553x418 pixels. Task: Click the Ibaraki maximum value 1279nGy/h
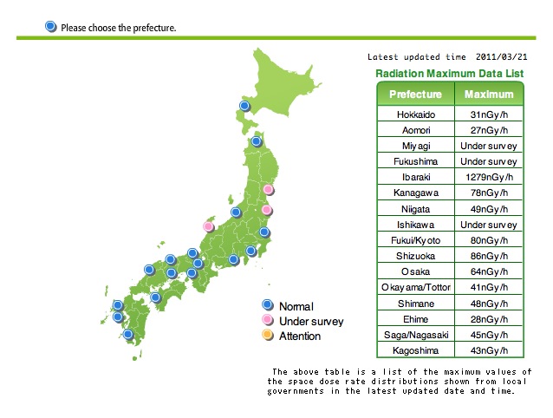(x=489, y=177)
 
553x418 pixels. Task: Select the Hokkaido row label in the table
(x=416, y=114)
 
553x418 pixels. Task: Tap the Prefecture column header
(x=415, y=95)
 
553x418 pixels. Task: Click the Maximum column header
(x=489, y=95)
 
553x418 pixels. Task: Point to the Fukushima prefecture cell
(x=416, y=161)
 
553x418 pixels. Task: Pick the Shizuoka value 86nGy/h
(x=489, y=256)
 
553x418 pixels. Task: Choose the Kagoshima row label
(x=415, y=350)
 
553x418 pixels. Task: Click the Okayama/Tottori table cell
(x=416, y=288)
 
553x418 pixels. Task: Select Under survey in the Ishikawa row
(x=489, y=225)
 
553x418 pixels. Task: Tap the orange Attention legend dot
(x=268, y=335)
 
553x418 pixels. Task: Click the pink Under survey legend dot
(x=268, y=320)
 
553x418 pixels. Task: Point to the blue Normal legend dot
(x=268, y=304)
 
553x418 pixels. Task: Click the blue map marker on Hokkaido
(x=244, y=106)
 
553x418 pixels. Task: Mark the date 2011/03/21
(x=501, y=56)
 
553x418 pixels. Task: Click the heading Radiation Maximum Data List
(x=450, y=74)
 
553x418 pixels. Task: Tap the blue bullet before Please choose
(x=51, y=27)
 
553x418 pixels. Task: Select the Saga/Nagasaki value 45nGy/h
(x=489, y=335)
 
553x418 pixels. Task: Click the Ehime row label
(x=416, y=319)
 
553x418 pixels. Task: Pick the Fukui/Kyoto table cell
(x=416, y=240)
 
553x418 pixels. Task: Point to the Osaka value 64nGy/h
(x=489, y=271)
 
